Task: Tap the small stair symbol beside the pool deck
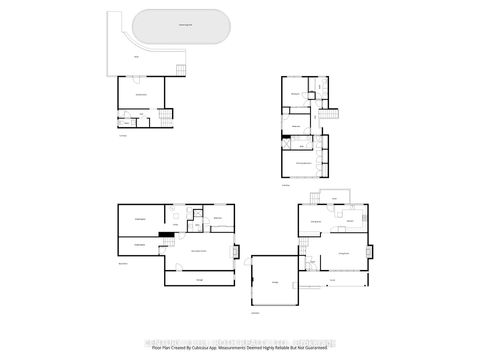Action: click(181, 70)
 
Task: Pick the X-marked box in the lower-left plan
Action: click(174, 214)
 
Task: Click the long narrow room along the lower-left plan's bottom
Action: click(199, 280)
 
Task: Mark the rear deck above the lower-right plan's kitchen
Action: click(329, 194)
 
